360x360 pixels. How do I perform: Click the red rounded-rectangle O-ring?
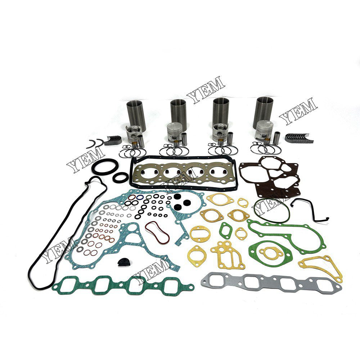tap(157, 233)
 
